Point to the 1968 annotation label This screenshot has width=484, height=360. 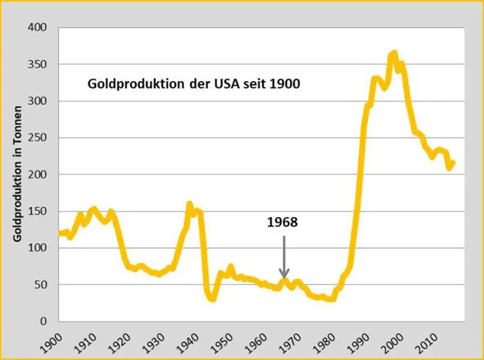(x=282, y=222)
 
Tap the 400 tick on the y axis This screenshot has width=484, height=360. (x=37, y=28)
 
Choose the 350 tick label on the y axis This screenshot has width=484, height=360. (x=37, y=64)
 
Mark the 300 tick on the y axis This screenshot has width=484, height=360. (x=37, y=101)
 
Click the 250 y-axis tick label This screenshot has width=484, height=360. (x=37, y=138)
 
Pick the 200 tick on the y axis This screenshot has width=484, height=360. (x=37, y=175)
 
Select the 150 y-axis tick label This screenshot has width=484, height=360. (x=37, y=211)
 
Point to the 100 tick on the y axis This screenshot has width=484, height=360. (x=37, y=248)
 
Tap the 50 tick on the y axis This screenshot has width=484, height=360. (x=40, y=284)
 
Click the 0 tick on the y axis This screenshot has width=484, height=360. (x=43, y=321)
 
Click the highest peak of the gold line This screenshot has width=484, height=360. (x=394, y=53)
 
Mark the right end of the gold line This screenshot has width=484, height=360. (x=453, y=162)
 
